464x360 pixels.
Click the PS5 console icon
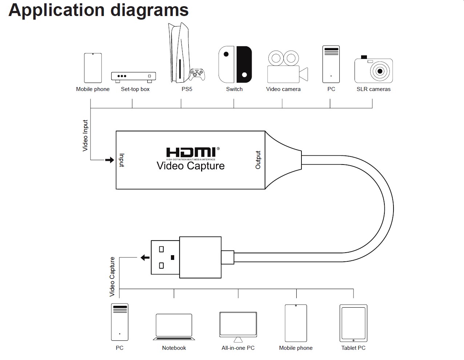[x=178, y=53]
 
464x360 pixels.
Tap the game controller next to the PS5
[x=197, y=75]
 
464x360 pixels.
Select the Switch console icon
[x=235, y=64]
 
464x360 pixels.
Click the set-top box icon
[x=133, y=76]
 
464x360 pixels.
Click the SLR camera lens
[x=380, y=71]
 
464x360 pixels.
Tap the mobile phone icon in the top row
[x=93, y=68]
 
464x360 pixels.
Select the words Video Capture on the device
[x=191, y=166]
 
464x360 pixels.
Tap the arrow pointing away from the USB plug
[x=145, y=258]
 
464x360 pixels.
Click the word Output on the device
[x=258, y=160]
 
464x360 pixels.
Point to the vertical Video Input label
[x=85, y=135]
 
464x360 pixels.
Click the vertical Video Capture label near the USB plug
[x=112, y=277]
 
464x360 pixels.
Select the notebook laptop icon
[x=174, y=327]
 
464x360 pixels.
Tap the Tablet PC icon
[x=353, y=323]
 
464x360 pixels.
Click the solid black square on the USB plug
[x=172, y=257]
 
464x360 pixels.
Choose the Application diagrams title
[x=99, y=10]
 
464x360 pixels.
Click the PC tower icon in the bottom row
[x=120, y=322]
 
